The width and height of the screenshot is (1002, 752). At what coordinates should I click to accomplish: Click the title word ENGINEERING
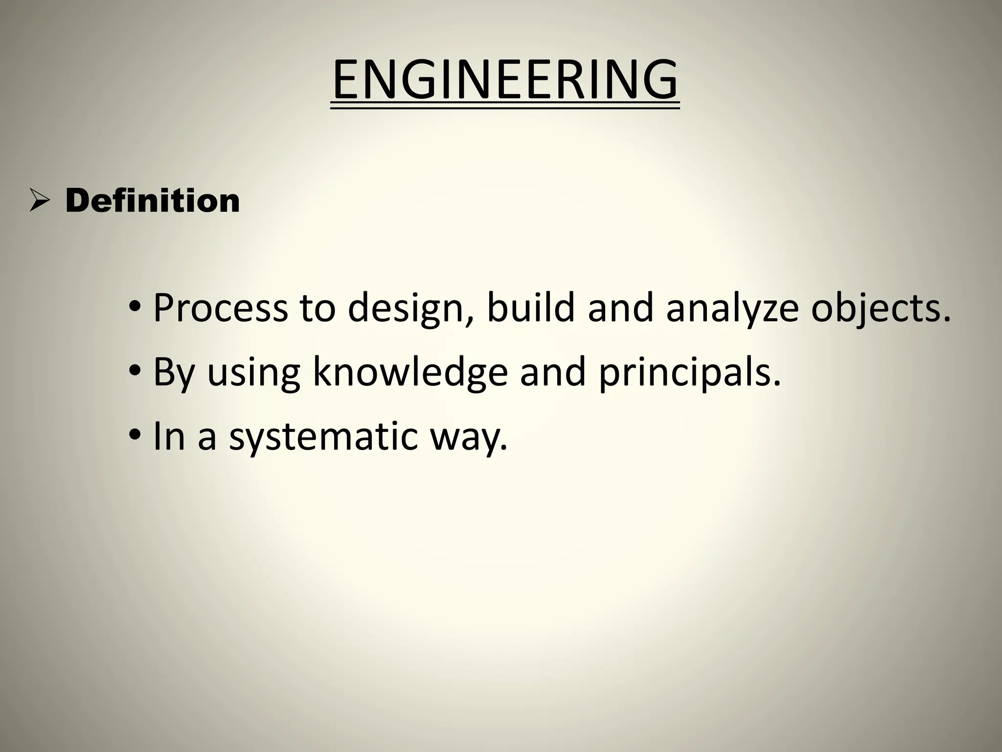point(505,80)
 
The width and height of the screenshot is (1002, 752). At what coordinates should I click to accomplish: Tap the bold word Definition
point(152,201)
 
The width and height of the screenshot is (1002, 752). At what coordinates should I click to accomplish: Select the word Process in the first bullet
point(220,308)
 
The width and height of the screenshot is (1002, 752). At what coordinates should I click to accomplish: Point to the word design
point(410,309)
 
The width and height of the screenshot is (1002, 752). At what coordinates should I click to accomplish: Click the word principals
point(689,374)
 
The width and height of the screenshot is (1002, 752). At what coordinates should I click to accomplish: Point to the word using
point(253,374)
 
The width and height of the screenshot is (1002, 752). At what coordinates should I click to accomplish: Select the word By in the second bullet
point(174,374)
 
